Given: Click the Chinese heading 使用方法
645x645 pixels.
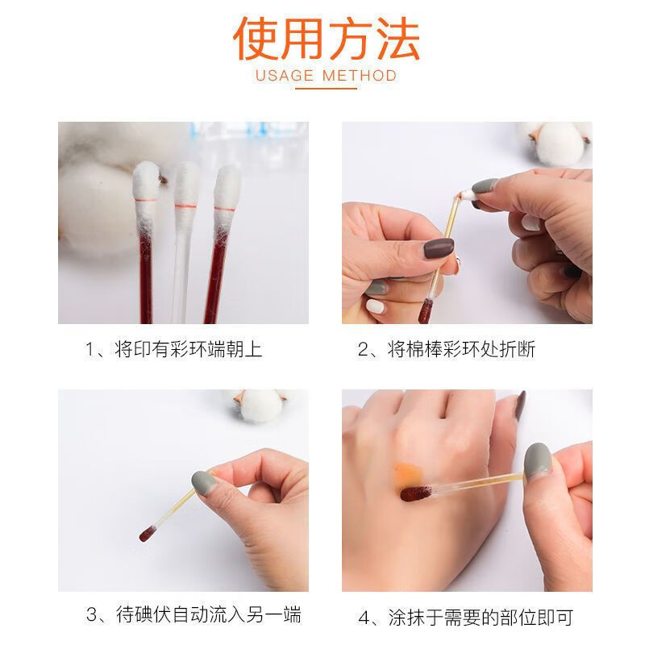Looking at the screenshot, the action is pyautogui.click(x=327, y=39).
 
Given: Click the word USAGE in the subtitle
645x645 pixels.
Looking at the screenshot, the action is pyautogui.click(x=285, y=76).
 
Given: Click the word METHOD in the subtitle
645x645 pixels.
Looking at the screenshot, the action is pyautogui.click(x=360, y=76).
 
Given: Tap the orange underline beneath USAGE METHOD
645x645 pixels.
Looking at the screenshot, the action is pyautogui.click(x=327, y=89).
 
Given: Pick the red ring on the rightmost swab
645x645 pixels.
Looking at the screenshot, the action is pyautogui.click(x=224, y=210).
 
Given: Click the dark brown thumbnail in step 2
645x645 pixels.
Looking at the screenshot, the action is pyautogui.click(x=439, y=248).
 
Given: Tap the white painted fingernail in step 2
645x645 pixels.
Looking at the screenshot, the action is pyautogui.click(x=376, y=306).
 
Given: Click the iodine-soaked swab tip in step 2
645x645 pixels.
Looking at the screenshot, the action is pyautogui.click(x=425, y=311).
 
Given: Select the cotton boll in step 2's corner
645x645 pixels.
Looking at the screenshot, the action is pyautogui.click(x=556, y=142).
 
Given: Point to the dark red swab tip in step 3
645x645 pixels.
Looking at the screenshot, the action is pyautogui.click(x=147, y=534).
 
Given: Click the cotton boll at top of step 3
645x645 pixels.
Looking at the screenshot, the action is pyautogui.click(x=259, y=406).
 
